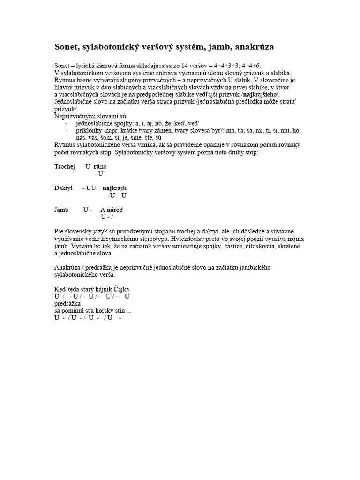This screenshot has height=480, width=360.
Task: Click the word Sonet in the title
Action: coord(67,47)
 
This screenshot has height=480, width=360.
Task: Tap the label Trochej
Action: coord(65,166)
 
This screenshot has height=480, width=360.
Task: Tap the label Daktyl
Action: coord(64,188)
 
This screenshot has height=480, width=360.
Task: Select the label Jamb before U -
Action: coord(61,210)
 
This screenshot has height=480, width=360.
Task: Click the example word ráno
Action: coord(100,166)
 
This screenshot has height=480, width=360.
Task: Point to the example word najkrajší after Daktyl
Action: coord(115,188)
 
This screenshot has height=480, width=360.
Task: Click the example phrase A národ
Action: coord(112,210)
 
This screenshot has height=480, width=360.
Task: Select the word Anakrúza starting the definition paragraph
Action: coord(68,267)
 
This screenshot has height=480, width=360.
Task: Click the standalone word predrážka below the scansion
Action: coord(68,303)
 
